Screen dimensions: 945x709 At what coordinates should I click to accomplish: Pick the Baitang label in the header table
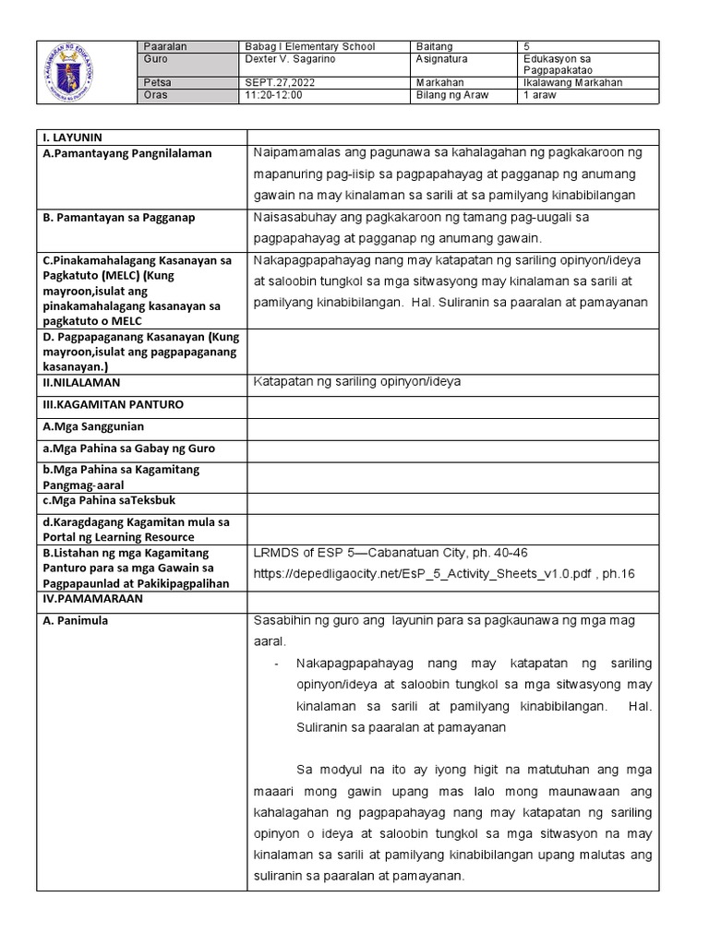(x=435, y=46)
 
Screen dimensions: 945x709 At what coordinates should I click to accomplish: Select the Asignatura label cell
(x=442, y=58)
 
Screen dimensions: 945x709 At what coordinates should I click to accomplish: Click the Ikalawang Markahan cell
(x=571, y=82)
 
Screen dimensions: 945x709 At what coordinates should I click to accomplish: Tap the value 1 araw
(x=539, y=94)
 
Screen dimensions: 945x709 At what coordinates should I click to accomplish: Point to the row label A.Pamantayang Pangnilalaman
(x=127, y=153)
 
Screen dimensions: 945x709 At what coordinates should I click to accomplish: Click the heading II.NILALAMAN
(x=81, y=382)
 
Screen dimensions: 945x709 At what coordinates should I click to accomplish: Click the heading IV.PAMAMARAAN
(x=90, y=598)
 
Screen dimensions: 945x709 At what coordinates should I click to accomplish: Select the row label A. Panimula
(x=76, y=620)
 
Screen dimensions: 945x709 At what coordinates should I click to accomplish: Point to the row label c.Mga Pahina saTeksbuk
(x=109, y=499)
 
